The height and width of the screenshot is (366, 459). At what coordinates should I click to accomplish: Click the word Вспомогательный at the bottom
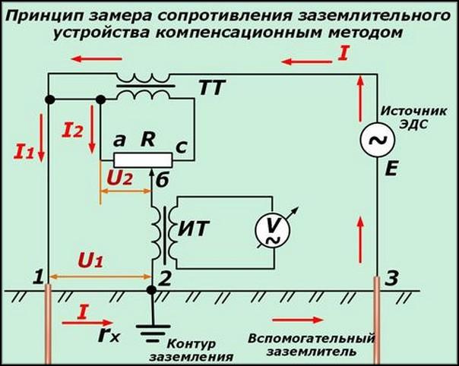313,337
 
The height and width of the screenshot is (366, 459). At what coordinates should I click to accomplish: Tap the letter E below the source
392,171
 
